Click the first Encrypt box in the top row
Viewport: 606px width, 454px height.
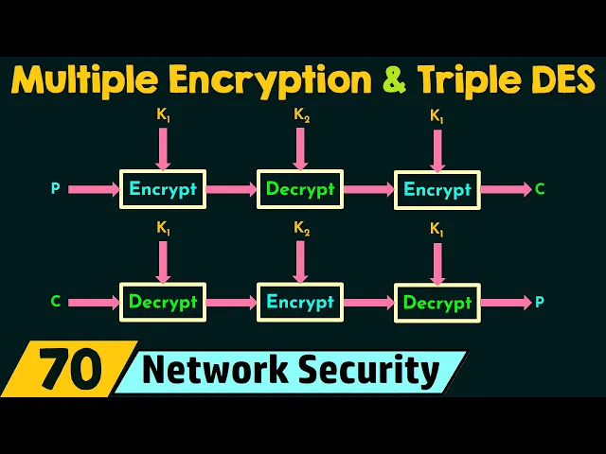click(163, 189)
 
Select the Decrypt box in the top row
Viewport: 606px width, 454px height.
click(300, 189)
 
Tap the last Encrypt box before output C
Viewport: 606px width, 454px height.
click(437, 189)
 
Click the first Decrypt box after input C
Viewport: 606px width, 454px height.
click(163, 303)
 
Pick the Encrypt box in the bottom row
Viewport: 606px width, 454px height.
click(300, 303)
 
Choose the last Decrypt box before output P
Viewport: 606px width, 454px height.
click(437, 303)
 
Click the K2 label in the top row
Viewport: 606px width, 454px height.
click(300, 116)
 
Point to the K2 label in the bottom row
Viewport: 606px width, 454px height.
click(300, 229)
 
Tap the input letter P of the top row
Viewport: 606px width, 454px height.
click(55, 189)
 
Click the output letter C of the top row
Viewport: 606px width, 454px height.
click(540, 189)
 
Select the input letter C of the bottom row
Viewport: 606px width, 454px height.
click(55, 303)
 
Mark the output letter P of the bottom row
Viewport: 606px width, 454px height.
click(540, 303)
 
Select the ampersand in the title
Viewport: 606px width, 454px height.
click(391, 79)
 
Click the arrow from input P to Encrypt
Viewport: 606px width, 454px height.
click(93, 189)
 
